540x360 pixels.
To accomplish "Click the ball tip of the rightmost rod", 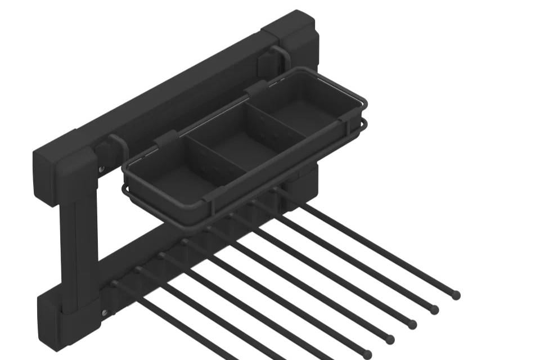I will pyautogui.click(x=456, y=295).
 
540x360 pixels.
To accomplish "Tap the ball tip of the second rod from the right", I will pyautogui.click(x=434, y=310).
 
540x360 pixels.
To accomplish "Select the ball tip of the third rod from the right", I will pyautogui.click(x=412, y=325).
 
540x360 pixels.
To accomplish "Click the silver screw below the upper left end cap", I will pyautogui.click(x=101, y=168).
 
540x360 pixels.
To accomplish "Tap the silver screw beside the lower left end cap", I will pyautogui.click(x=105, y=312).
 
